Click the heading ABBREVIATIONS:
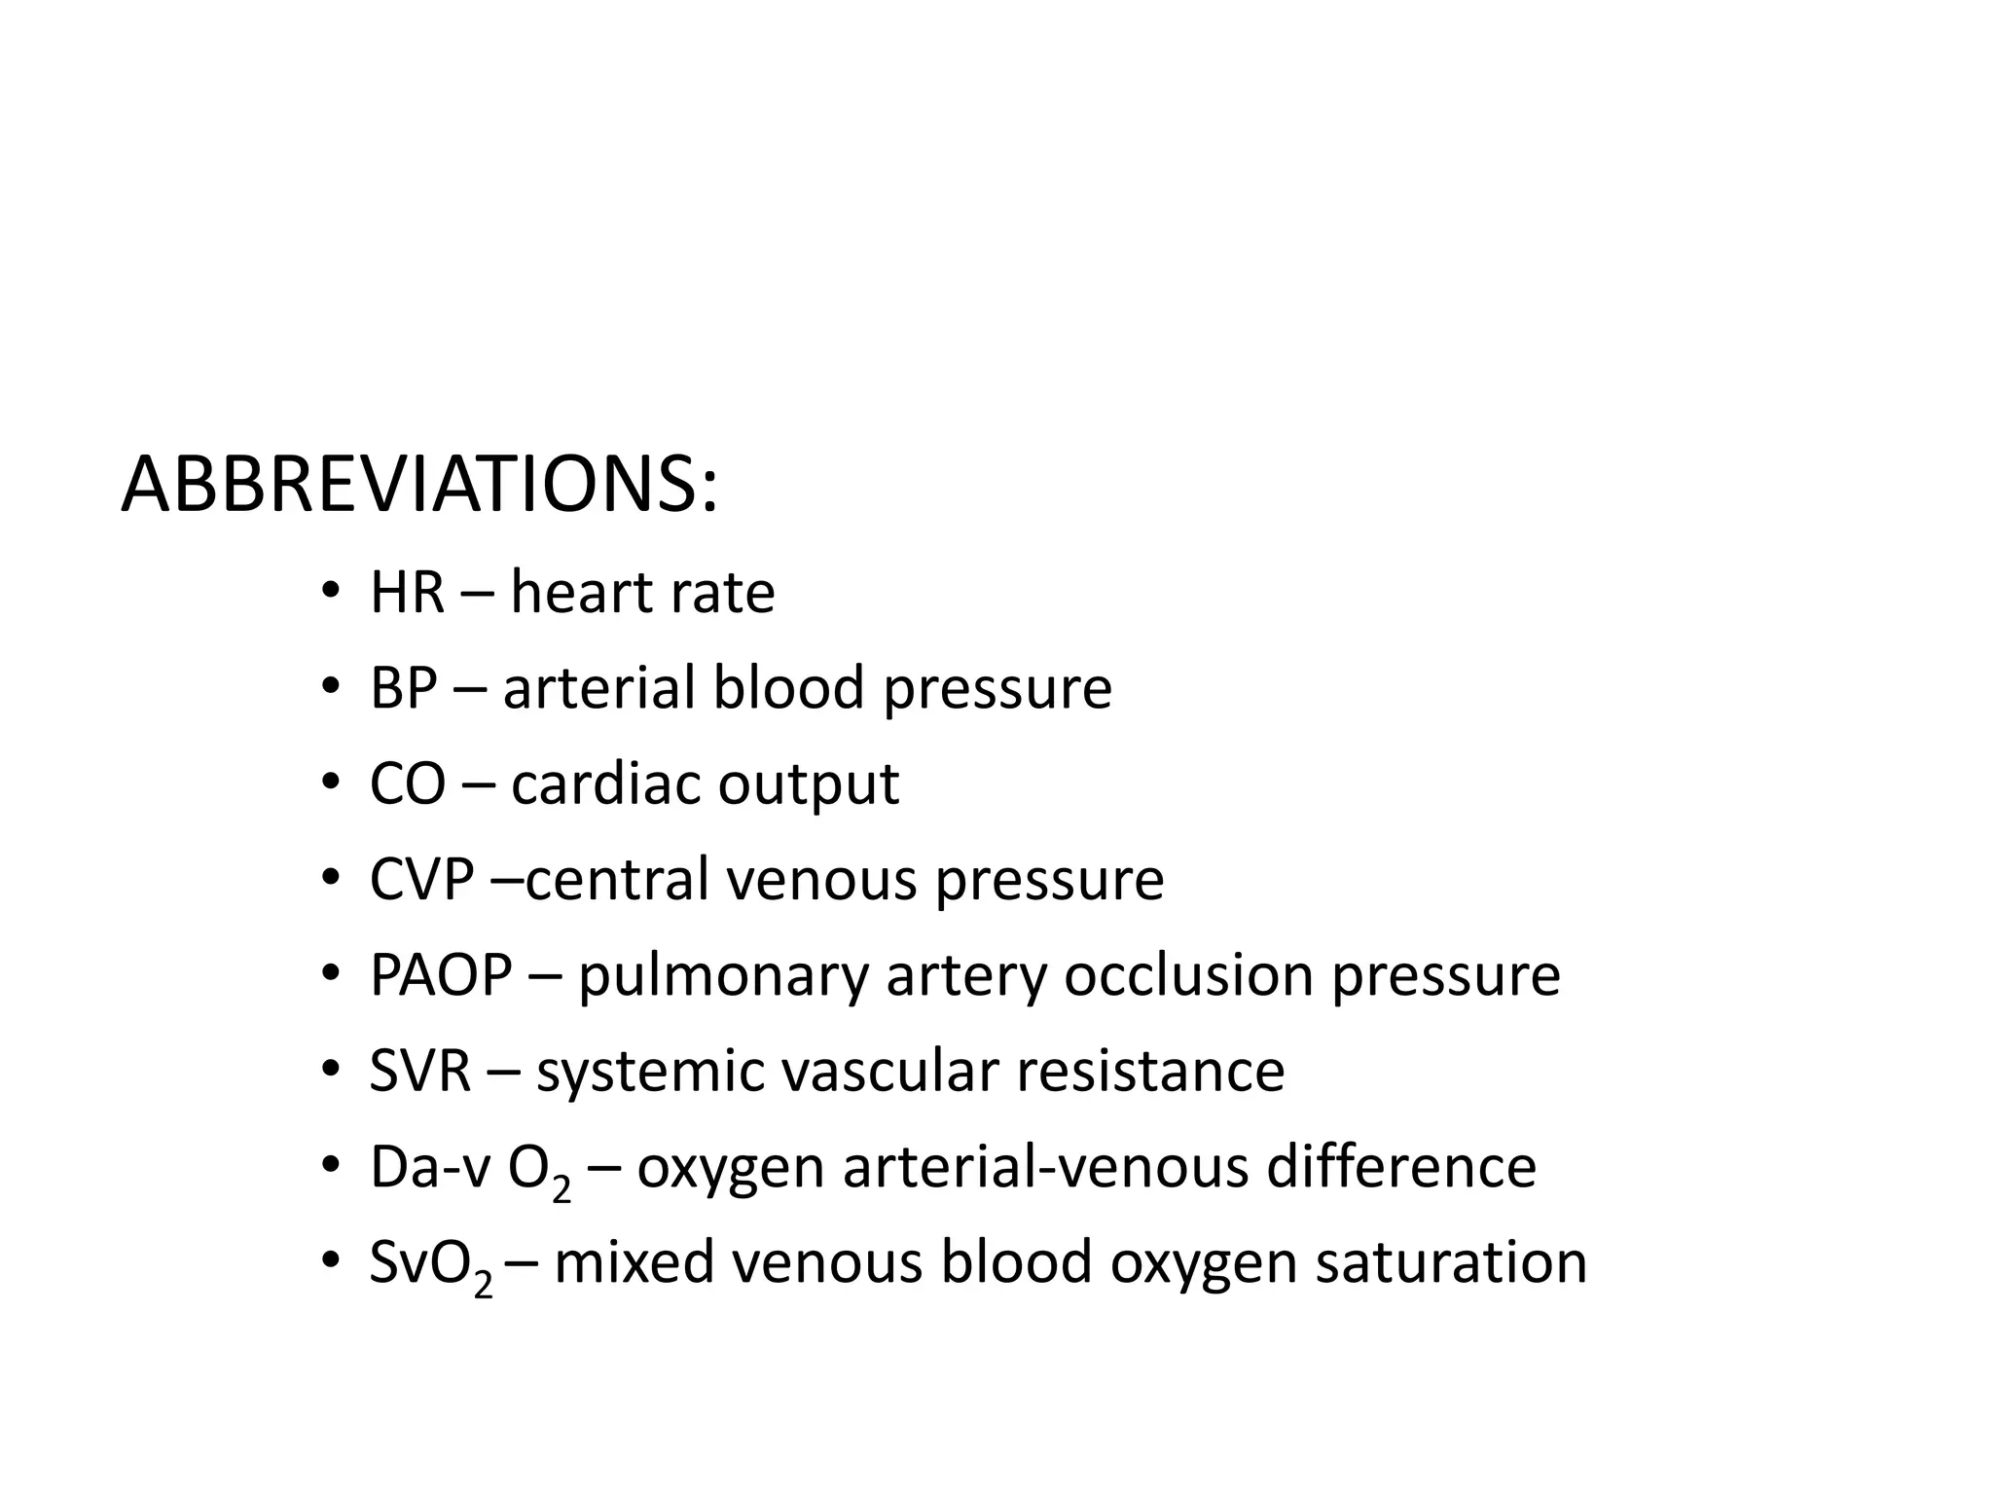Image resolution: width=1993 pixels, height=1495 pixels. tap(419, 485)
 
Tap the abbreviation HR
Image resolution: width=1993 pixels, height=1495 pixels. tap(407, 592)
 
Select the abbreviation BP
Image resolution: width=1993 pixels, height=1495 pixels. tap(403, 687)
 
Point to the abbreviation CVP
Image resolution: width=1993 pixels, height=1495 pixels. tap(421, 879)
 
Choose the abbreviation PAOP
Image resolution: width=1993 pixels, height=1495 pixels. tap(441, 974)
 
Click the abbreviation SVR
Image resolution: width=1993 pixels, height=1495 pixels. tap(420, 1071)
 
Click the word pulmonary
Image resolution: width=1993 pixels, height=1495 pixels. tap(722, 976)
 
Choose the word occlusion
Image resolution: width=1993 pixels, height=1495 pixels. tap(1188, 974)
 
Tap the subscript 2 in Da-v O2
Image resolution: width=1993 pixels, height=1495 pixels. tap(562, 1188)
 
